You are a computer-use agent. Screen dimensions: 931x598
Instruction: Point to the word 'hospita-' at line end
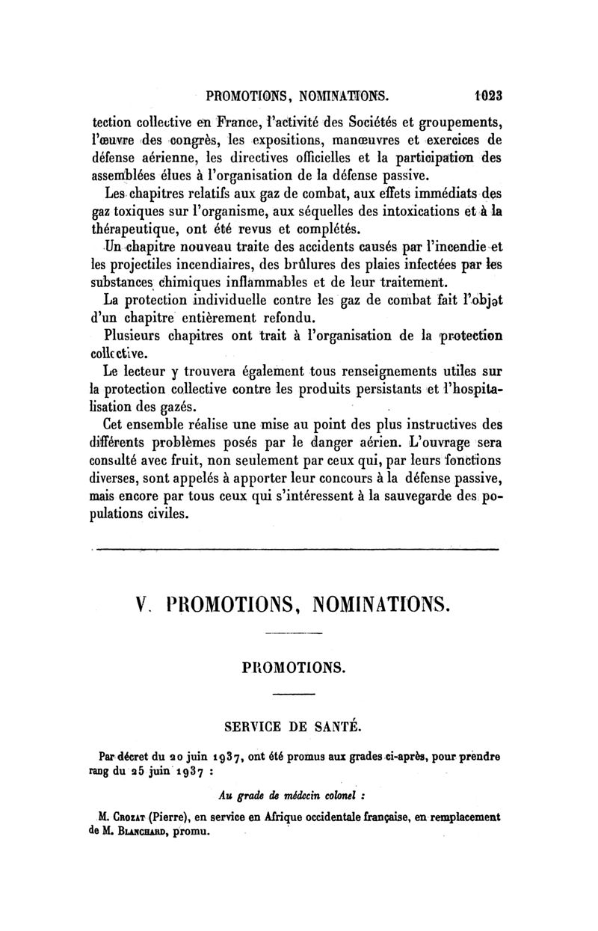475,389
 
